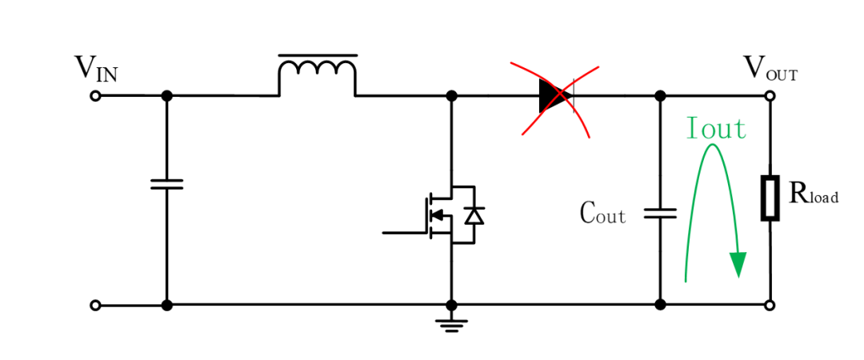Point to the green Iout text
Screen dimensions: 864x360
click(716, 128)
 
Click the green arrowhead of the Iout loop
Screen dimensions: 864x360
click(738, 264)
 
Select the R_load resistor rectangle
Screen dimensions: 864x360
click(770, 198)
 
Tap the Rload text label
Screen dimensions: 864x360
click(814, 194)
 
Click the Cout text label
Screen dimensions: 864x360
click(603, 212)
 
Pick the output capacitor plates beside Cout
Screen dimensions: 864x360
click(660, 214)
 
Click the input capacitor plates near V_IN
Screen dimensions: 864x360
click(166, 184)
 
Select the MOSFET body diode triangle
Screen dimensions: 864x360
click(474, 215)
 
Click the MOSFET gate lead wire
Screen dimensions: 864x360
click(406, 233)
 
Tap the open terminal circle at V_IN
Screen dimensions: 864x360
click(95, 96)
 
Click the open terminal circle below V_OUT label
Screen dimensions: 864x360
click(770, 96)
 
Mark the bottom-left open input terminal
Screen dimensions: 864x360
click(95, 305)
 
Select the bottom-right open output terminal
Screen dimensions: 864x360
click(770, 305)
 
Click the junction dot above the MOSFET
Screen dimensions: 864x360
click(451, 96)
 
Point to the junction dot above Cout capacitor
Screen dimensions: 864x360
click(660, 96)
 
